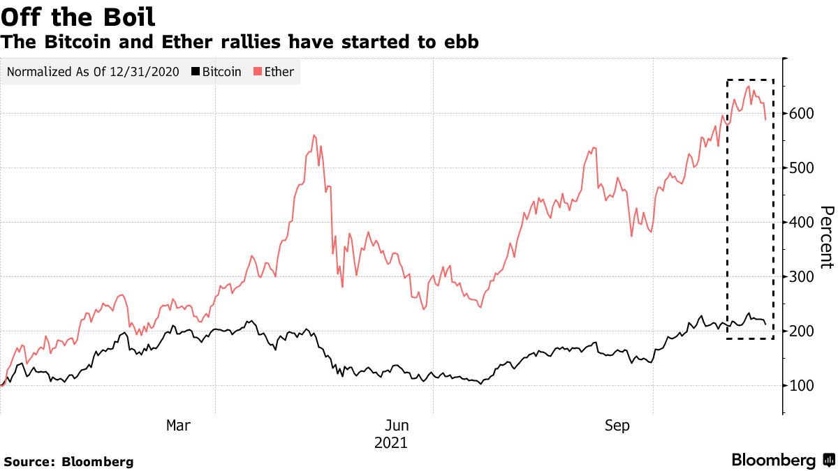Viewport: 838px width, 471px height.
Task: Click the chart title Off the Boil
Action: (78, 16)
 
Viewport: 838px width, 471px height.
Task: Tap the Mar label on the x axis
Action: (178, 426)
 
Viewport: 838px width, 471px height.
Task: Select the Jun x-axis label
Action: (397, 426)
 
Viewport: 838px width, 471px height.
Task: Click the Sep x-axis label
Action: (617, 426)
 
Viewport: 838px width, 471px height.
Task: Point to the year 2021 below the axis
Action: (390, 443)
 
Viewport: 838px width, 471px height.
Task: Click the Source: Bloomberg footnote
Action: (68, 462)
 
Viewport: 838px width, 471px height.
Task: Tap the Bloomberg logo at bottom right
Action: (782, 461)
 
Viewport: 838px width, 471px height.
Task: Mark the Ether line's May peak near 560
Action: (314, 135)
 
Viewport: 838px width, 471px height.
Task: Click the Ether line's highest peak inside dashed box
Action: (749, 87)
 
